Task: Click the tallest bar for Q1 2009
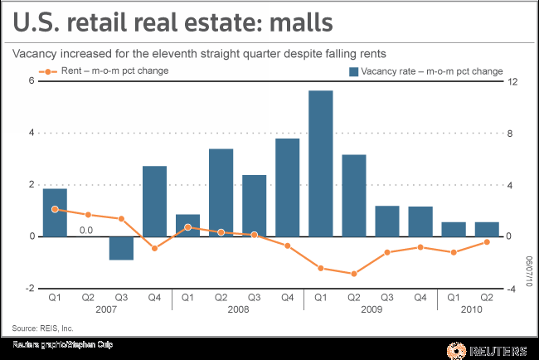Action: point(320,163)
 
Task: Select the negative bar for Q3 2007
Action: point(121,248)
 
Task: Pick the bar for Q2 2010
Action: point(486,229)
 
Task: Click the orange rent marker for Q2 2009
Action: point(353,274)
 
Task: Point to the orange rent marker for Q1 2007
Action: point(55,209)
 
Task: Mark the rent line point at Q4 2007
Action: point(154,248)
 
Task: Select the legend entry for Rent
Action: point(108,71)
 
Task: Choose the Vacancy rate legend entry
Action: point(425,71)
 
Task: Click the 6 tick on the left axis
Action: point(31,80)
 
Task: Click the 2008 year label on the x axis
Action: point(237,309)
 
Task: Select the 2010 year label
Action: point(469,309)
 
